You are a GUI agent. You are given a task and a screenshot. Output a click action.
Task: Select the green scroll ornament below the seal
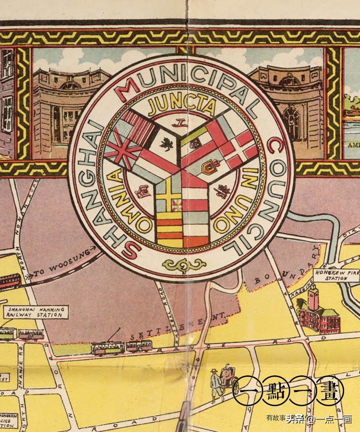click(184, 264)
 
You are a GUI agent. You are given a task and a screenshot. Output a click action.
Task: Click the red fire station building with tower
click(317, 312)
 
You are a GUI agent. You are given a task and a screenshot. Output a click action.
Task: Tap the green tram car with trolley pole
click(108, 347)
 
